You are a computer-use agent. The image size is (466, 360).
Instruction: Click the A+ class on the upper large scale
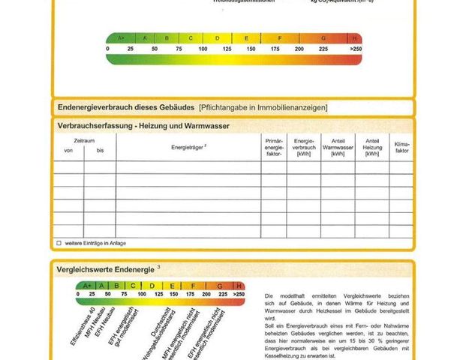click(119, 37)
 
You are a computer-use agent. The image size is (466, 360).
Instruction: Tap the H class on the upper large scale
click(355, 37)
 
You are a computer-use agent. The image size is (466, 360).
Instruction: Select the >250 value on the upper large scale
click(355, 49)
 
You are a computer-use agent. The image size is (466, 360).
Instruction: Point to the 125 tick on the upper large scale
click(227, 49)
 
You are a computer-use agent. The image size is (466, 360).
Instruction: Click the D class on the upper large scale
click(218, 37)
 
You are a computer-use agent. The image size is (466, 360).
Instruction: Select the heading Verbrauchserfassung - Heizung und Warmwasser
click(143, 126)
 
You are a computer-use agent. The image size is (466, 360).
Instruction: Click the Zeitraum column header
click(84, 141)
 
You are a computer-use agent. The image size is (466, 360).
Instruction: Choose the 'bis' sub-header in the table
click(100, 151)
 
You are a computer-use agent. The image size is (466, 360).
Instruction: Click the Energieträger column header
click(188, 147)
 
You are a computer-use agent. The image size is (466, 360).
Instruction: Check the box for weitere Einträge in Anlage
click(59, 243)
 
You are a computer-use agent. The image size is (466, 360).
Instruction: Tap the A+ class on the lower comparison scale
click(87, 286)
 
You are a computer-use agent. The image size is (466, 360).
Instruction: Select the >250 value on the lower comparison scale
click(239, 295)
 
